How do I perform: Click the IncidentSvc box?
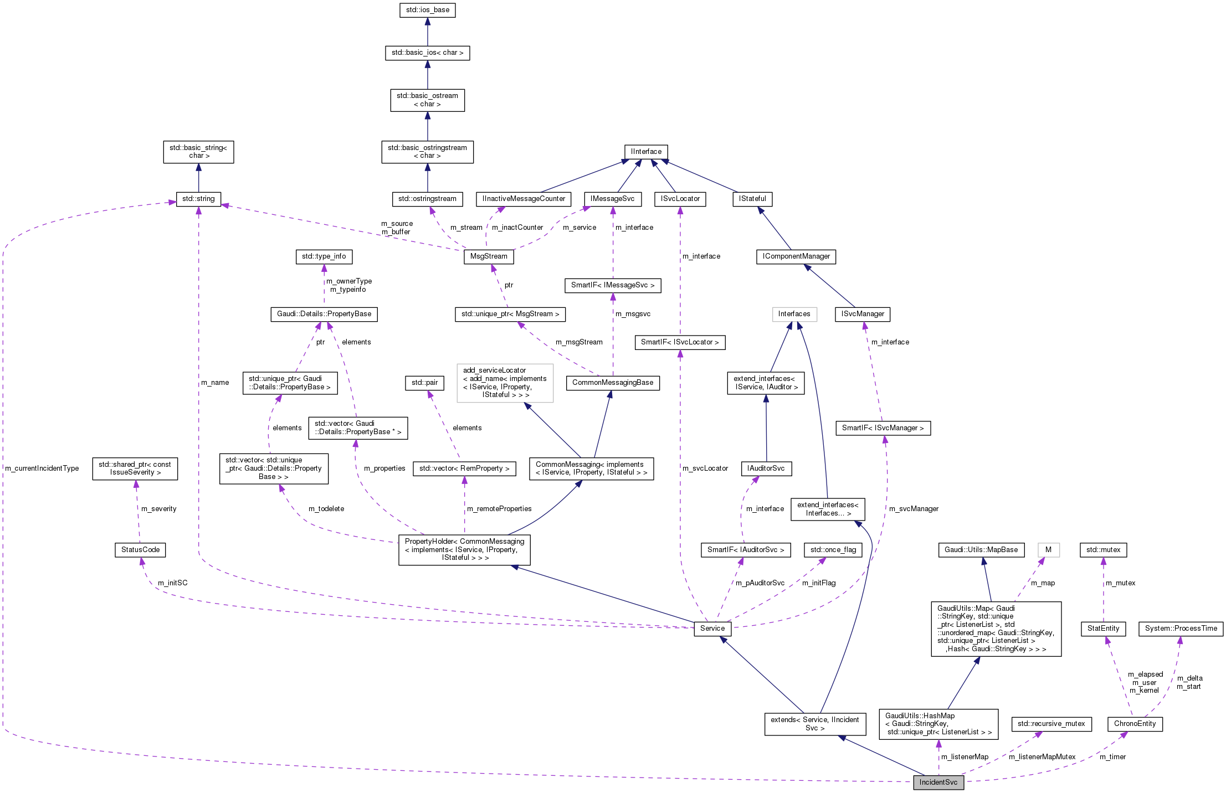(938, 782)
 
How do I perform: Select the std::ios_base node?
(427, 10)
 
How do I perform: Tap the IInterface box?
(646, 151)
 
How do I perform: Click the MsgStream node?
(489, 256)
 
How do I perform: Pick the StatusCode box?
(140, 549)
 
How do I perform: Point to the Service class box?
(712, 628)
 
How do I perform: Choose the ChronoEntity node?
(1135, 723)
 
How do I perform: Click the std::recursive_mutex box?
(1051, 723)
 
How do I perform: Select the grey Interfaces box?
(794, 314)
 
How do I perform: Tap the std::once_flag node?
(833, 549)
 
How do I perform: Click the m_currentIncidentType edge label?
(42, 468)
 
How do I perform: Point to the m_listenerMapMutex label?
(1042, 756)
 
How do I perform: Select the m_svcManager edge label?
(914, 508)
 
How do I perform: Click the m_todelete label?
(326, 508)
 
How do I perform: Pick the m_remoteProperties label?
(499, 508)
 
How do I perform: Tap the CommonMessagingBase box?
(612, 383)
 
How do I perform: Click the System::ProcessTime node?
(1181, 629)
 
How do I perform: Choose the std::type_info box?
(324, 256)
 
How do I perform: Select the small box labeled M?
(1048, 549)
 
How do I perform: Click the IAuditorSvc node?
(766, 468)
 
